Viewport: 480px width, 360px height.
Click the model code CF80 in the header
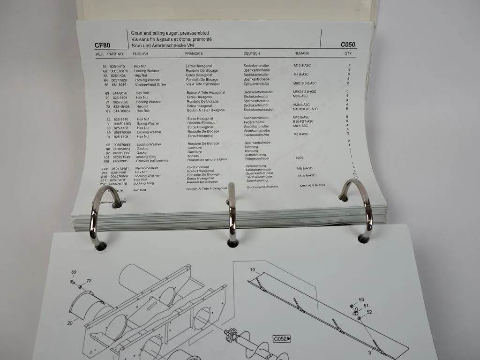[x=102, y=45]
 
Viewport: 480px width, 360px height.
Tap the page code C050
[x=348, y=45]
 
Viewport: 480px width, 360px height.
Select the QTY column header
[x=348, y=54]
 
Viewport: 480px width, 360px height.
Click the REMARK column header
[x=301, y=54]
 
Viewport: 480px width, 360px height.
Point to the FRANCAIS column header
[x=194, y=54]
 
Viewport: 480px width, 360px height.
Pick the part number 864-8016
[x=119, y=84]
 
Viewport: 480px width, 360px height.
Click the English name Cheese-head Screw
[x=150, y=84]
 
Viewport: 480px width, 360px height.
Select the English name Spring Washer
[x=148, y=124]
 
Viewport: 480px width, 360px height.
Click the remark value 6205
[x=300, y=158]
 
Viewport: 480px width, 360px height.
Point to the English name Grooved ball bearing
[x=152, y=161]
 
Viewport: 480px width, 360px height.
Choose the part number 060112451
[x=120, y=168]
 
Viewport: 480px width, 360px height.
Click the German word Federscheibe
[x=254, y=122]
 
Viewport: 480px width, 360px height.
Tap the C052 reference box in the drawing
[x=282, y=339]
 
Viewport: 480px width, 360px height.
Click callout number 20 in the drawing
[x=70, y=322]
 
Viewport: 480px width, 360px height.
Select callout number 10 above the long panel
[x=252, y=270]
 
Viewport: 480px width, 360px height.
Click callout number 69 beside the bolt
[x=74, y=272]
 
